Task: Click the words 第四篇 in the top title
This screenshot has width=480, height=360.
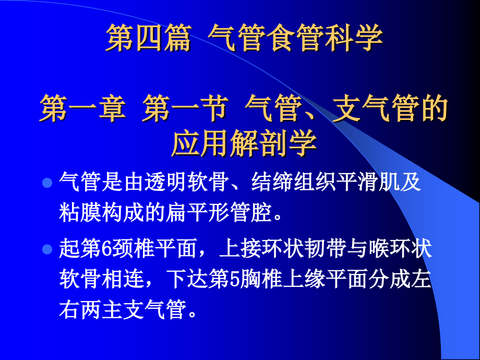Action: point(148,39)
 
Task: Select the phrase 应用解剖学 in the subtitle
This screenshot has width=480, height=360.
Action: point(244,143)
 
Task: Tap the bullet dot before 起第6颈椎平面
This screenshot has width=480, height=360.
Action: point(47,249)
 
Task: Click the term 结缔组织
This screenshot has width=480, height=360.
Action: point(295,184)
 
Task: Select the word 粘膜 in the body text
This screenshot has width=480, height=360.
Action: point(81,212)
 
